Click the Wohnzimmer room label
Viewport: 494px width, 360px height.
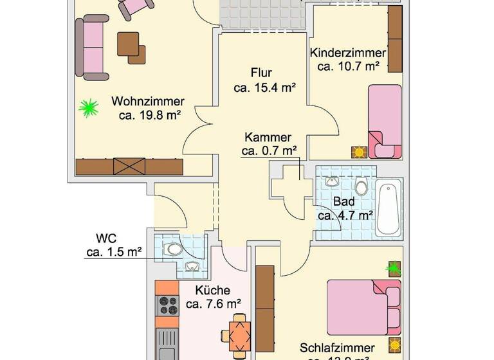click(148, 102)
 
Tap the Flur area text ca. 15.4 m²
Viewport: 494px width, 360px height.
click(264, 87)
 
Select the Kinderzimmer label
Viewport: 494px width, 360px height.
click(348, 53)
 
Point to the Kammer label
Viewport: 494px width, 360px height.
click(268, 137)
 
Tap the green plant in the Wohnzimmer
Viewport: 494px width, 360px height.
click(88, 108)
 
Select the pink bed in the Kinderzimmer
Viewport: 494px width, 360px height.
click(384, 121)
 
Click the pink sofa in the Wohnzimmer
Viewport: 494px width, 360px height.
click(92, 49)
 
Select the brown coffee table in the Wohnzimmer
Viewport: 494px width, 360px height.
click(131, 47)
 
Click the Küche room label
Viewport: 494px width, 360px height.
click(213, 291)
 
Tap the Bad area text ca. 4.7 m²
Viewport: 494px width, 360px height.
click(346, 215)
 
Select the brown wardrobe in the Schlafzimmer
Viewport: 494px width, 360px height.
click(265, 307)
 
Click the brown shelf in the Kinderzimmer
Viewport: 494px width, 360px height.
click(395, 39)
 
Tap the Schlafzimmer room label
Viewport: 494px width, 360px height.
click(334, 348)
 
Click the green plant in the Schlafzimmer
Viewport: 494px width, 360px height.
click(393, 267)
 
